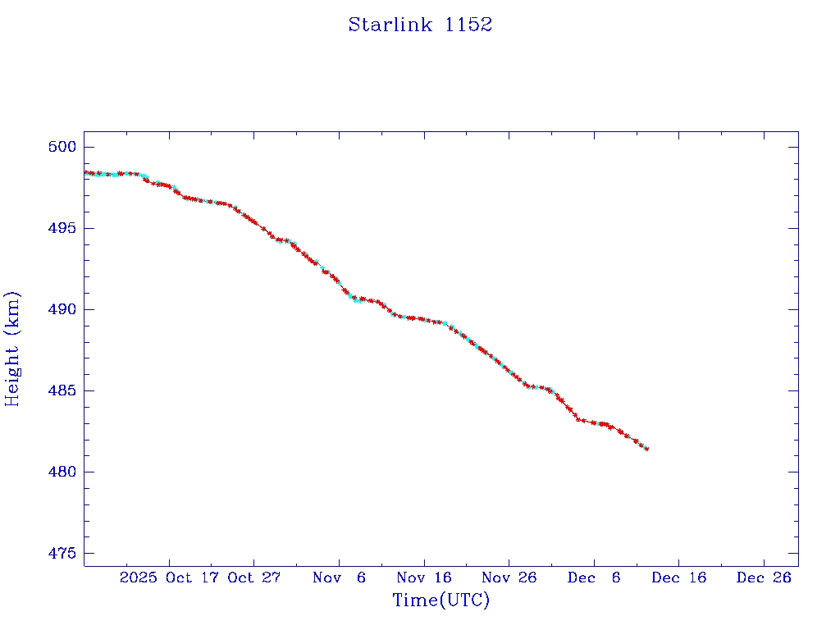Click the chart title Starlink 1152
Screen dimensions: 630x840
[420, 25]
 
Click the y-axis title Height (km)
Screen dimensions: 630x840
[13, 349]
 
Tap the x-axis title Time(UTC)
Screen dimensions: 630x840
[441, 600]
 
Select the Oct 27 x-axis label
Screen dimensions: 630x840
[254, 578]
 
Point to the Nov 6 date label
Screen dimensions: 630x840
[340, 578]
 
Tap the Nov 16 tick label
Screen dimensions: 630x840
[424, 578]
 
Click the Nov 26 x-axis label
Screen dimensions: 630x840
[509, 578]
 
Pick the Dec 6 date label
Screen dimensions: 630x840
[594, 578]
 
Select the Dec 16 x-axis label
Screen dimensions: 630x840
[678, 578]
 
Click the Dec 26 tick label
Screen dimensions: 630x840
[764, 578]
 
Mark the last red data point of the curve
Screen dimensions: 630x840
[646, 449]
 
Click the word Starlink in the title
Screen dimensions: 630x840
[390, 25]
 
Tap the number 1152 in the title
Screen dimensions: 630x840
[468, 25]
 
